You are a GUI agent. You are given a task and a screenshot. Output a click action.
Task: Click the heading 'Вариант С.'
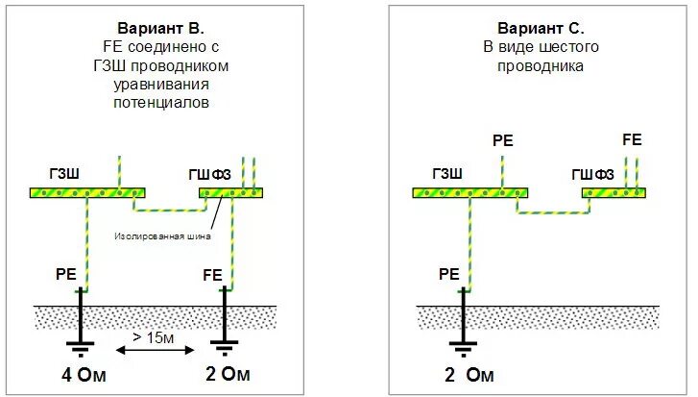click(541, 28)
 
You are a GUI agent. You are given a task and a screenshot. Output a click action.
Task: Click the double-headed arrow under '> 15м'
click(153, 351)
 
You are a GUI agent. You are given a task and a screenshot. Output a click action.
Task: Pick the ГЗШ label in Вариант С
click(447, 173)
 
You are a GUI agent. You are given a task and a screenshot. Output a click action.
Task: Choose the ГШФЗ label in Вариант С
click(593, 174)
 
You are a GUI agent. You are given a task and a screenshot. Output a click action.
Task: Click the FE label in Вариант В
click(212, 274)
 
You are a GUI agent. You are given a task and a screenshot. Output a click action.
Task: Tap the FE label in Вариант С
click(632, 139)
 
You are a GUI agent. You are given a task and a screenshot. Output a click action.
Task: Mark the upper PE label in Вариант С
click(502, 140)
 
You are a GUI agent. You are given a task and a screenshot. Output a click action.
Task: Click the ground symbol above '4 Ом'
click(81, 347)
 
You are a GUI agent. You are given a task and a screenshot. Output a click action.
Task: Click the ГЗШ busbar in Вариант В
click(86, 193)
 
